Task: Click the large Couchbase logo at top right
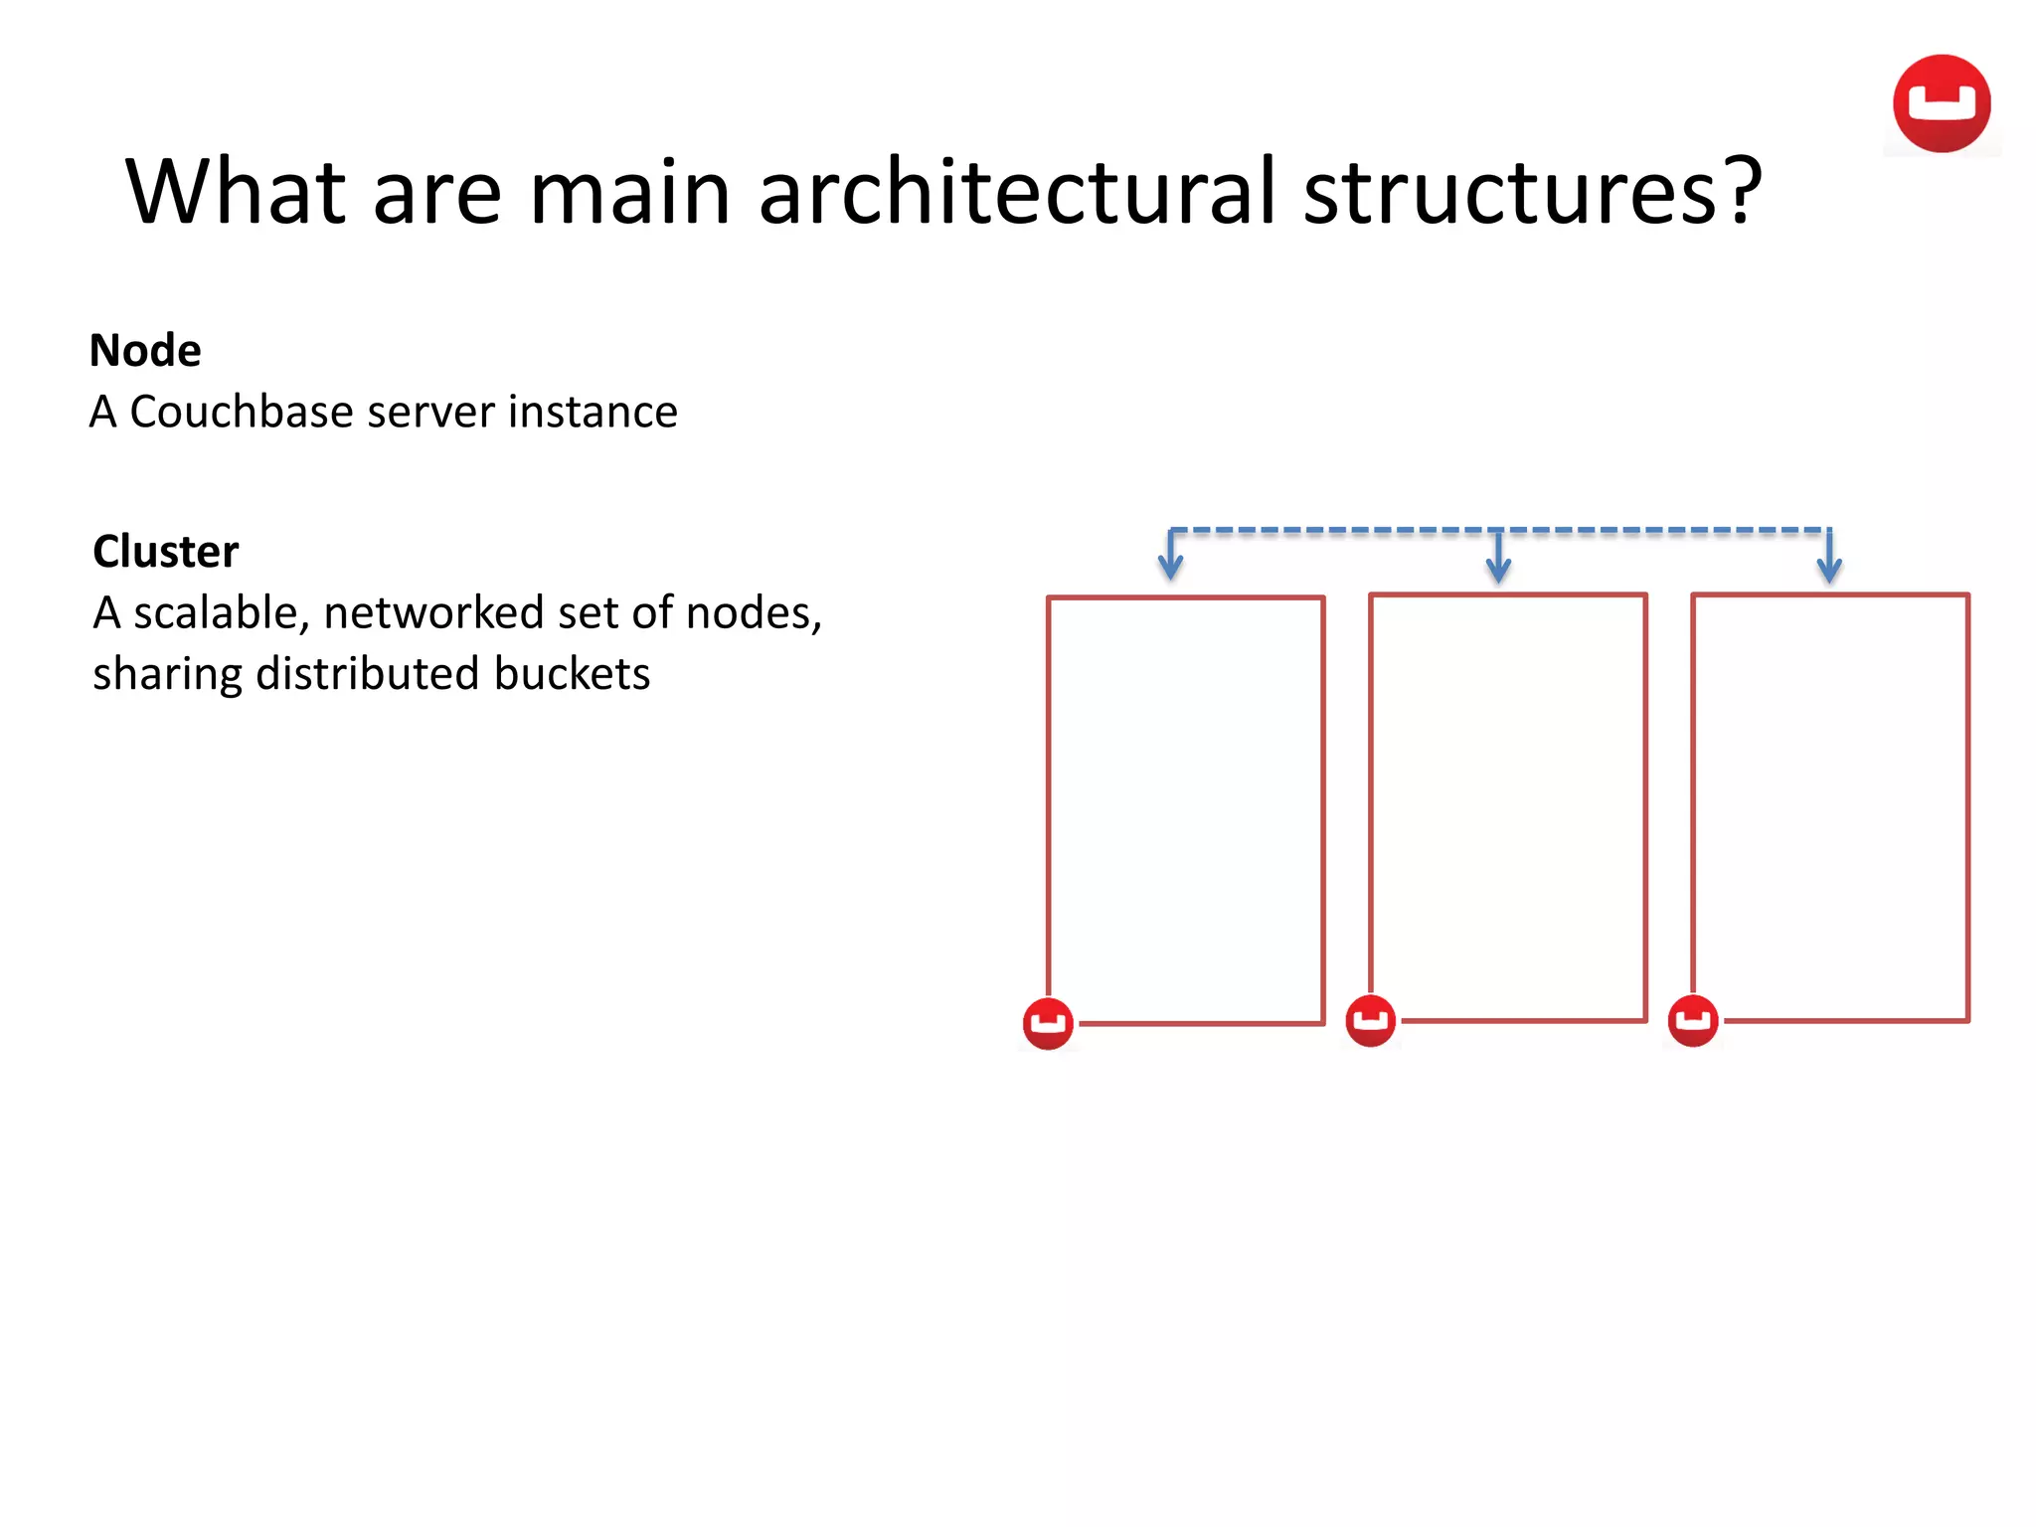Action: pyautogui.click(x=1941, y=104)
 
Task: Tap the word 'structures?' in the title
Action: pyautogui.click(x=1532, y=191)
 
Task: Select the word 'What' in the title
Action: pyautogui.click(x=235, y=191)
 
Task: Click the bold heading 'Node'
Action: pyautogui.click(x=145, y=351)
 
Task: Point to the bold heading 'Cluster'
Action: pyautogui.click(x=166, y=552)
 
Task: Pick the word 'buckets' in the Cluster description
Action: pyautogui.click(x=572, y=674)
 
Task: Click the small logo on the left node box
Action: pyautogui.click(x=1048, y=1023)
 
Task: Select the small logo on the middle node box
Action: pyautogui.click(x=1370, y=1021)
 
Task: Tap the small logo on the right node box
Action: pyautogui.click(x=1693, y=1021)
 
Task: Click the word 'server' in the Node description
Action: pyautogui.click(x=431, y=412)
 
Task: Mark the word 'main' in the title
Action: pyautogui.click(x=630, y=191)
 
